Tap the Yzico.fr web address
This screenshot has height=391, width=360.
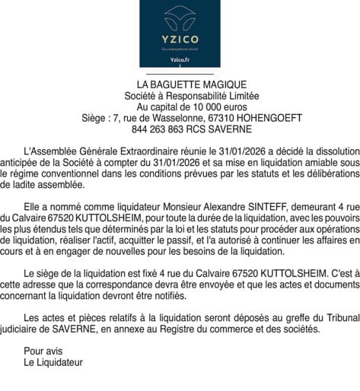point(180,60)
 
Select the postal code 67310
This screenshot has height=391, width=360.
point(224,119)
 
